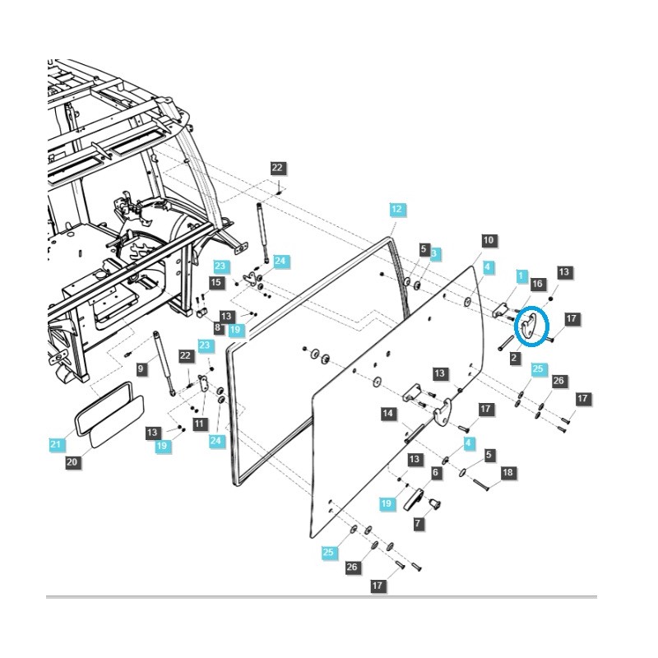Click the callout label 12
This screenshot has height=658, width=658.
396,210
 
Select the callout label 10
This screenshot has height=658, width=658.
488,240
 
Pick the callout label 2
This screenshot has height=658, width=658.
514,357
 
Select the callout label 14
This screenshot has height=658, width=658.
387,414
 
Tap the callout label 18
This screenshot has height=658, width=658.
507,472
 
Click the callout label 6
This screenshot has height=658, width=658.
435,472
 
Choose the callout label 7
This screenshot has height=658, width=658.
417,523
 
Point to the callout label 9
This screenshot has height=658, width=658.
141,369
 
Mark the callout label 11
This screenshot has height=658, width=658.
199,423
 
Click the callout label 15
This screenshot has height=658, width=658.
216,282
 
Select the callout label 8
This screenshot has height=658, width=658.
218,327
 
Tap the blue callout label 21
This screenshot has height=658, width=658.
54,444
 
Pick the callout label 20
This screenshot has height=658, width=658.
72,462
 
